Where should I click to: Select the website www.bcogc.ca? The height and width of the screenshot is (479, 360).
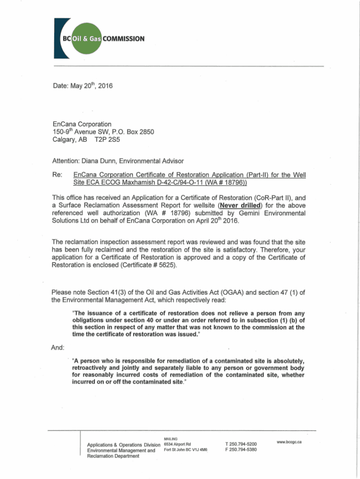[x=288, y=442]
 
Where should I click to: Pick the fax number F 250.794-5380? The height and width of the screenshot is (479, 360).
[x=240, y=450]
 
